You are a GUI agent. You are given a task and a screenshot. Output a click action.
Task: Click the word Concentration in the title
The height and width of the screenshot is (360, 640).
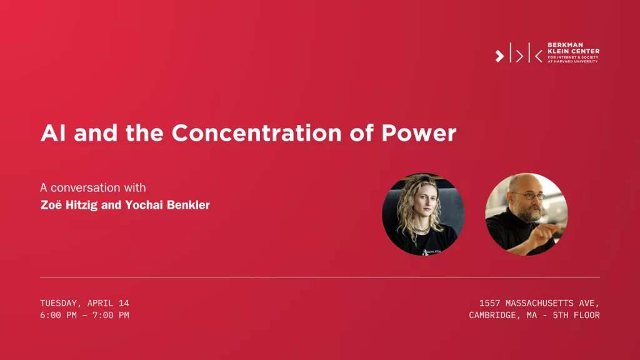click(x=256, y=133)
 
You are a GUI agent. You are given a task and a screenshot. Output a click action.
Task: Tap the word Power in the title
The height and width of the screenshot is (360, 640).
click(x=419, y=133)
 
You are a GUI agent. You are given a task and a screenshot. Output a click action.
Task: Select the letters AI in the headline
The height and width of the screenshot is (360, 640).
click(x=53, y=133)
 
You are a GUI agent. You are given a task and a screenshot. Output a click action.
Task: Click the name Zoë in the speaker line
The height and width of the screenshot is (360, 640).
click(x=51, y=204)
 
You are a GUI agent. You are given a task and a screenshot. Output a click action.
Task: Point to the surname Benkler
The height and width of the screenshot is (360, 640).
click(x=188, y=205)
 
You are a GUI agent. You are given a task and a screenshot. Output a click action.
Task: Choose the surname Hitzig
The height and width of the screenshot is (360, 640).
click(x=82, y=205)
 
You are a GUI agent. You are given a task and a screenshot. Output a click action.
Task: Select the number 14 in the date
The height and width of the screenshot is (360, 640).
click(x=124, y=303)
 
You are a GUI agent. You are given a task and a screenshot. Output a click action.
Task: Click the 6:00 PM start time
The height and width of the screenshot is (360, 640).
click(x=58, y=315)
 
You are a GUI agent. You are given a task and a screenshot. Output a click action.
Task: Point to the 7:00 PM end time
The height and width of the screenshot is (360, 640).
click(x=111, y=315)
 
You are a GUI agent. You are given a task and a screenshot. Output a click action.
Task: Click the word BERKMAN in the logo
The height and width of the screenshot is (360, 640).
click(x=565, y=45)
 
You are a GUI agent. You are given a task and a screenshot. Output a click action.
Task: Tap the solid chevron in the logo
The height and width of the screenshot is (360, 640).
click(x=499, y=56)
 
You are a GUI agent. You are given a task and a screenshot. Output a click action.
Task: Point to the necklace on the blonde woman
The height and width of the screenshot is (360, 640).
click(x=421, y=230)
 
